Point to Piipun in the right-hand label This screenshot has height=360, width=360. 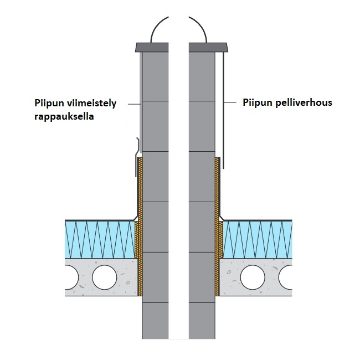256,102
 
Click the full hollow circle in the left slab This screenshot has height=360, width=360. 105,277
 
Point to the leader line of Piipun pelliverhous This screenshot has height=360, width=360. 232,103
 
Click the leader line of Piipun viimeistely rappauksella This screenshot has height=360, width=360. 133,103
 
